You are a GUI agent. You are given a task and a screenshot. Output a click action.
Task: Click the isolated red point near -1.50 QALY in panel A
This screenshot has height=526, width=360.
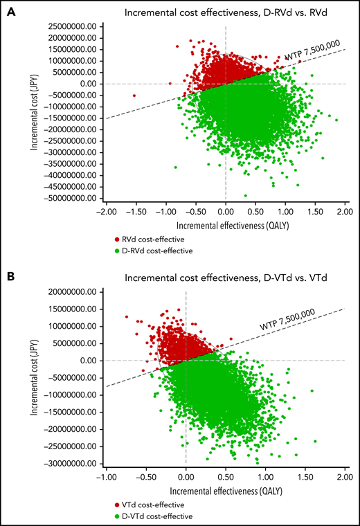pyautogui.click(x=134, y=96)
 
